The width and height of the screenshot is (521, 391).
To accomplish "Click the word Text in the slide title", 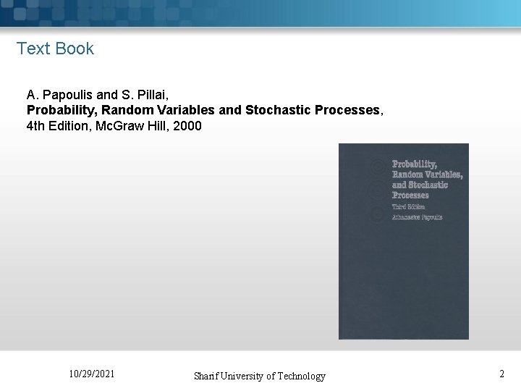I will coord(32,49).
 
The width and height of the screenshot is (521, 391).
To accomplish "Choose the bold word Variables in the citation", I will coord(175,111).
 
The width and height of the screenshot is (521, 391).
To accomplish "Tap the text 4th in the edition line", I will coord(35,127).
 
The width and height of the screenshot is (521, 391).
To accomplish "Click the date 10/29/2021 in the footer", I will coord(91,374).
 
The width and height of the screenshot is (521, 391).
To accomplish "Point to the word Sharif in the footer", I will coord(208,376).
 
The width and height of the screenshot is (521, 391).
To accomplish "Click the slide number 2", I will coord(501,374).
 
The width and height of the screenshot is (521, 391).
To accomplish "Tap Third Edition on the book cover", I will coord(409,206).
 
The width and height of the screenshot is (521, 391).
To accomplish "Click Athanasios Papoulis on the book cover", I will coord(417,217).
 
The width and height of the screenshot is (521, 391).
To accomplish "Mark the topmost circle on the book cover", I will coord(376,167).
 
